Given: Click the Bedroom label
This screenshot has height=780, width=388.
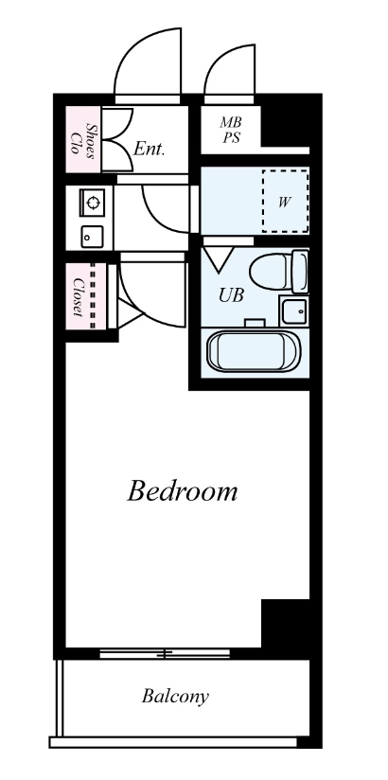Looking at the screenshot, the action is click(x=182, y=491).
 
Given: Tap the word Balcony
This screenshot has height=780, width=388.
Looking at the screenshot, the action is click(x=175, y=697).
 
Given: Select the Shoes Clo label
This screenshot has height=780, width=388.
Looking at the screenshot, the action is click(x=83, y=141).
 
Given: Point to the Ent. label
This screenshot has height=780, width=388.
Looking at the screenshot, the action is click(x=149, y=149).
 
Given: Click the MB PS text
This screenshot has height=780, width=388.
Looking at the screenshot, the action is click(x=231, y=130).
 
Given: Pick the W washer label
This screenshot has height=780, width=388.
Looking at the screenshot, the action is click(x=284, y=202).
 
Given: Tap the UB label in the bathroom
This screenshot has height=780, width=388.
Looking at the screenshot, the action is click(x=231, y=295).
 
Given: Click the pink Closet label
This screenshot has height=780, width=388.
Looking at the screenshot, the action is click(x=79, y=297).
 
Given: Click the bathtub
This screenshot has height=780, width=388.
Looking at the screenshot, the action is click(x=254, y=351).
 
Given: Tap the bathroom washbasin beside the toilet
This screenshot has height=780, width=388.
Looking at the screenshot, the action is click(x=294, y=310).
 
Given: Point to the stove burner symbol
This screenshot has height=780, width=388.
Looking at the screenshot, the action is click(x=92, y=203).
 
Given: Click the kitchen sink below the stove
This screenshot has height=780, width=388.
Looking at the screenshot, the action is click(x=92, y=237).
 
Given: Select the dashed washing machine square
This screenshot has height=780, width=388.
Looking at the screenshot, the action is click(x=286, y=201).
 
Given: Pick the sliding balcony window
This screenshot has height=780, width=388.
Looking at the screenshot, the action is click(x=165, y=654).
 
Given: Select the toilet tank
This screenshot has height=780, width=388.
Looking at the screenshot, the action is click(x=300, y=272).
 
